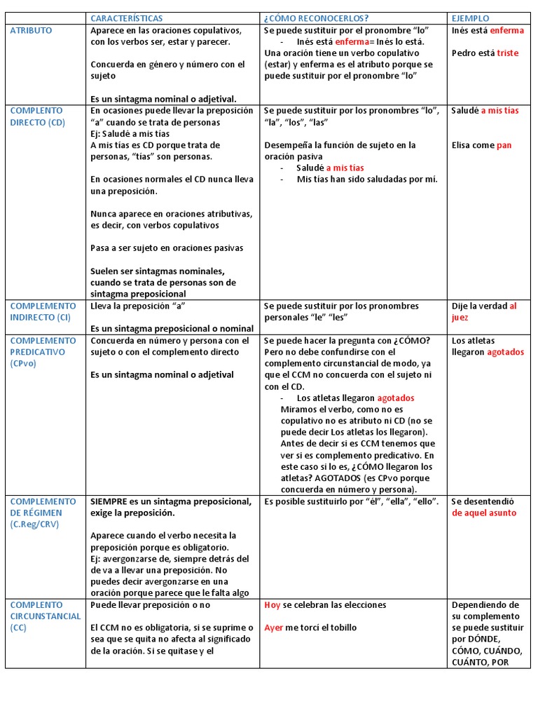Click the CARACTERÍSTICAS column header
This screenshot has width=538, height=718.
tap(127, 18)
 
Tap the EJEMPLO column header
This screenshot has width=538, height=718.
tap(471, 18)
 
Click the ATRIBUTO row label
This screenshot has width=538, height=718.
tap(31, 31)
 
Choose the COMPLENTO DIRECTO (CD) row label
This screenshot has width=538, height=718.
tap(36, 116)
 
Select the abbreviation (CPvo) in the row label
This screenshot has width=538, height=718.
tap(23, 363)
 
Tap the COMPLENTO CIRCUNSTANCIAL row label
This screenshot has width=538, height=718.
tap(46, 610)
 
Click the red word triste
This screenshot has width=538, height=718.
tap(508, 53)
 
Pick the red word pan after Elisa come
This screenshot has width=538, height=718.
tap(504, 145)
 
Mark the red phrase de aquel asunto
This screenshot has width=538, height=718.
tap(484, 513)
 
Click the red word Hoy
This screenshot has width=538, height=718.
tap(273, 604)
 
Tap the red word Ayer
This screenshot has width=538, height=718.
tap(273, 628)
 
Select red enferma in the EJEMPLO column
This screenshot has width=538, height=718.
tap(506, 31)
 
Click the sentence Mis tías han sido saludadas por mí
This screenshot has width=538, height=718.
tap(367, 179)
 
